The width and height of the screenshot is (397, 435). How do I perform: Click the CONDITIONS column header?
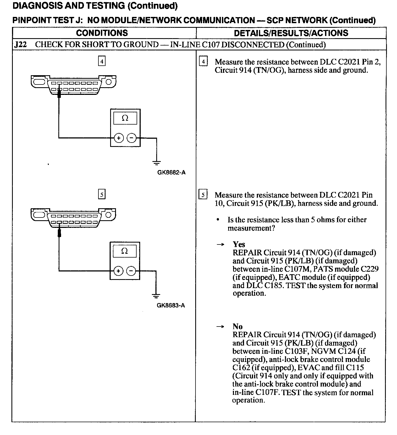(x=102, y=33)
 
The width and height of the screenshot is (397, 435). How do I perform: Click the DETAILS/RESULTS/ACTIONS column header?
(x=291, y=33)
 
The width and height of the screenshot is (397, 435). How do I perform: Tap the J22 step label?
(x=20, y=45)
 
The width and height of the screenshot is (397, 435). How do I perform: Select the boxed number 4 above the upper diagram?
(x=102, y=61)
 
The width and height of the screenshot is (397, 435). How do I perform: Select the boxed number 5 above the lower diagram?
(x=101, y=194)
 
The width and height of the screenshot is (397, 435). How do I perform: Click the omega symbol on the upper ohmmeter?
(x=125, y=118)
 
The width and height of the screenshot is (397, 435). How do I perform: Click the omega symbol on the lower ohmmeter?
(x=124, y=251)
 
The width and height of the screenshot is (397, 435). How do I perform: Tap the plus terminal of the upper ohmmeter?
(x=119, y=138)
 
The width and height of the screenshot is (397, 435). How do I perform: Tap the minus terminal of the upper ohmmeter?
(x=132, y=138)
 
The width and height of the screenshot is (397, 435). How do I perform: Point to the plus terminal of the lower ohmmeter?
(x=118, y=271)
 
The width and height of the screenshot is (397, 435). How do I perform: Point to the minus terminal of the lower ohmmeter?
(x=131, y=271)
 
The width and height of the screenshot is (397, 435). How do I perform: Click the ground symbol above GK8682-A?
(x=157, y=163)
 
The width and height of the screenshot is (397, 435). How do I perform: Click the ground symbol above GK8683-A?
(x=156, y=296)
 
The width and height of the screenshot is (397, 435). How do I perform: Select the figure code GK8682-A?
(x=171, y=173)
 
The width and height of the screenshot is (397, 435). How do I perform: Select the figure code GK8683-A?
(x=171, y=305)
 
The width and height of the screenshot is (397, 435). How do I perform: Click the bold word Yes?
(x=239, y=244)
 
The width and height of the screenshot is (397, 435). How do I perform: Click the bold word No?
(x=237, y=326)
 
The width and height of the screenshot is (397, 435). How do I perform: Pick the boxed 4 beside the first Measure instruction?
(x=203, y=62)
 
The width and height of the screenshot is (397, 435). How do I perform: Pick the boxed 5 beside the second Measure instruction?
(x=203, y=195)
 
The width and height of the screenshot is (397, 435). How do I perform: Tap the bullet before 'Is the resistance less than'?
(x=218, y=220)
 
